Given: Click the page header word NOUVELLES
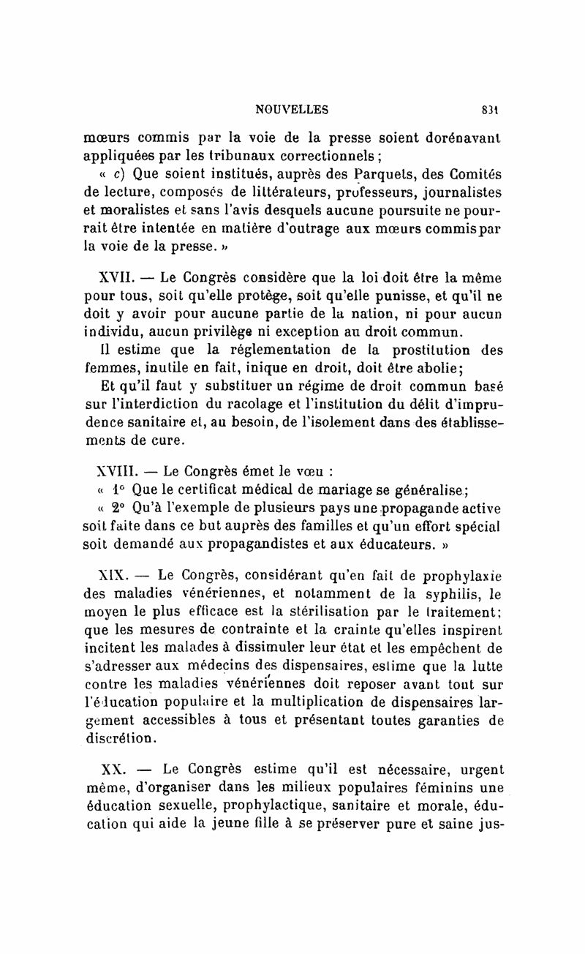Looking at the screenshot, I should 292,110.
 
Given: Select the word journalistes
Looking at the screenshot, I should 457,195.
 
